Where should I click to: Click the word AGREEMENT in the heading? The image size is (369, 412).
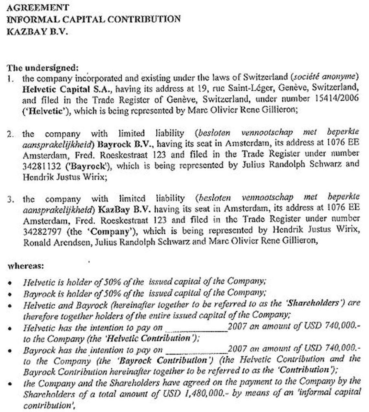pos(38,7)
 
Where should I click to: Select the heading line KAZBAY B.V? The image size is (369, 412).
pos(38,32)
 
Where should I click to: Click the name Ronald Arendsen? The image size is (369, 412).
pos(56,242)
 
